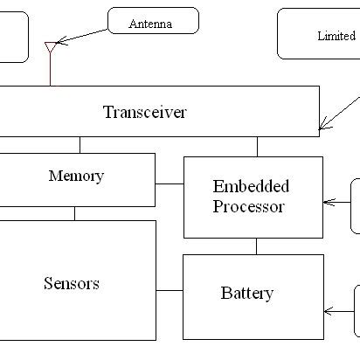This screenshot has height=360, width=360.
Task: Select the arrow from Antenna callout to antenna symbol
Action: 82,34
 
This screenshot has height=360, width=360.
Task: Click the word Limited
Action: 336,36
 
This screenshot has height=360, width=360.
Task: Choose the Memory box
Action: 76,177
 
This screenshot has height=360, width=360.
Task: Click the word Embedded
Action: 251,187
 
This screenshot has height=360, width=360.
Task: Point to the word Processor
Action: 249,207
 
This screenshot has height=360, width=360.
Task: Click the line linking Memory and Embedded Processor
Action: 170,184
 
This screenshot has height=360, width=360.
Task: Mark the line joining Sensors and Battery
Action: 170,289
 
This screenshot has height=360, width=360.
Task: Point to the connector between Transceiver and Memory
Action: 80,145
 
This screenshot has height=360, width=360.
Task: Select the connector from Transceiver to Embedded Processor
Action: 257,147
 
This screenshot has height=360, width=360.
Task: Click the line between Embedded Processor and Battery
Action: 256,246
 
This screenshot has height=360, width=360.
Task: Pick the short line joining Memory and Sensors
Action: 74,212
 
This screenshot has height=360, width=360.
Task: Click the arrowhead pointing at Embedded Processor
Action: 328,202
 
